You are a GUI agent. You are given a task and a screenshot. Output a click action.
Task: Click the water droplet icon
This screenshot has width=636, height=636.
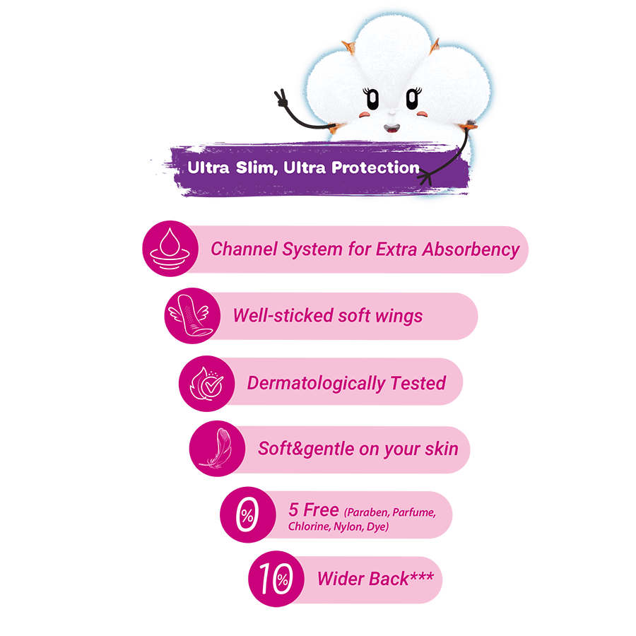coord(170,249)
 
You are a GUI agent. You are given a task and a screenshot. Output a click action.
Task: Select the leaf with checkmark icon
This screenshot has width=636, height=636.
coord(207,383)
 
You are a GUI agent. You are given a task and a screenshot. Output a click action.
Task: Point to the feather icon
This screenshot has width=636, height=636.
coord(218,448)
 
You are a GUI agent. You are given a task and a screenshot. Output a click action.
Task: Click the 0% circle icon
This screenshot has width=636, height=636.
coord(248,514)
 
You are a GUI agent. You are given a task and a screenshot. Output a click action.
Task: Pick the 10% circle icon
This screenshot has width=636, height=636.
coord(276,578)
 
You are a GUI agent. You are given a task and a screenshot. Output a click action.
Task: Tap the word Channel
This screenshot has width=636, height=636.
coord(245,249)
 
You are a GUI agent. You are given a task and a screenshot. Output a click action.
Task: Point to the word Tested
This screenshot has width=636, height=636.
coord(418,383)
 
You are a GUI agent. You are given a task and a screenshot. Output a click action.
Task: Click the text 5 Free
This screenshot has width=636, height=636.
coord(314,510)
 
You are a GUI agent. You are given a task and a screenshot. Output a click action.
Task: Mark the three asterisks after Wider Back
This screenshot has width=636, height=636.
coord(422,576)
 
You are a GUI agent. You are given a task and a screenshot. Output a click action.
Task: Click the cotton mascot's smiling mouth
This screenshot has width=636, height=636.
coord(391,129)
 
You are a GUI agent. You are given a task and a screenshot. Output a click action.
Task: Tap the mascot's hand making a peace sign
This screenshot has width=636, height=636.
coord(281,98)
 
